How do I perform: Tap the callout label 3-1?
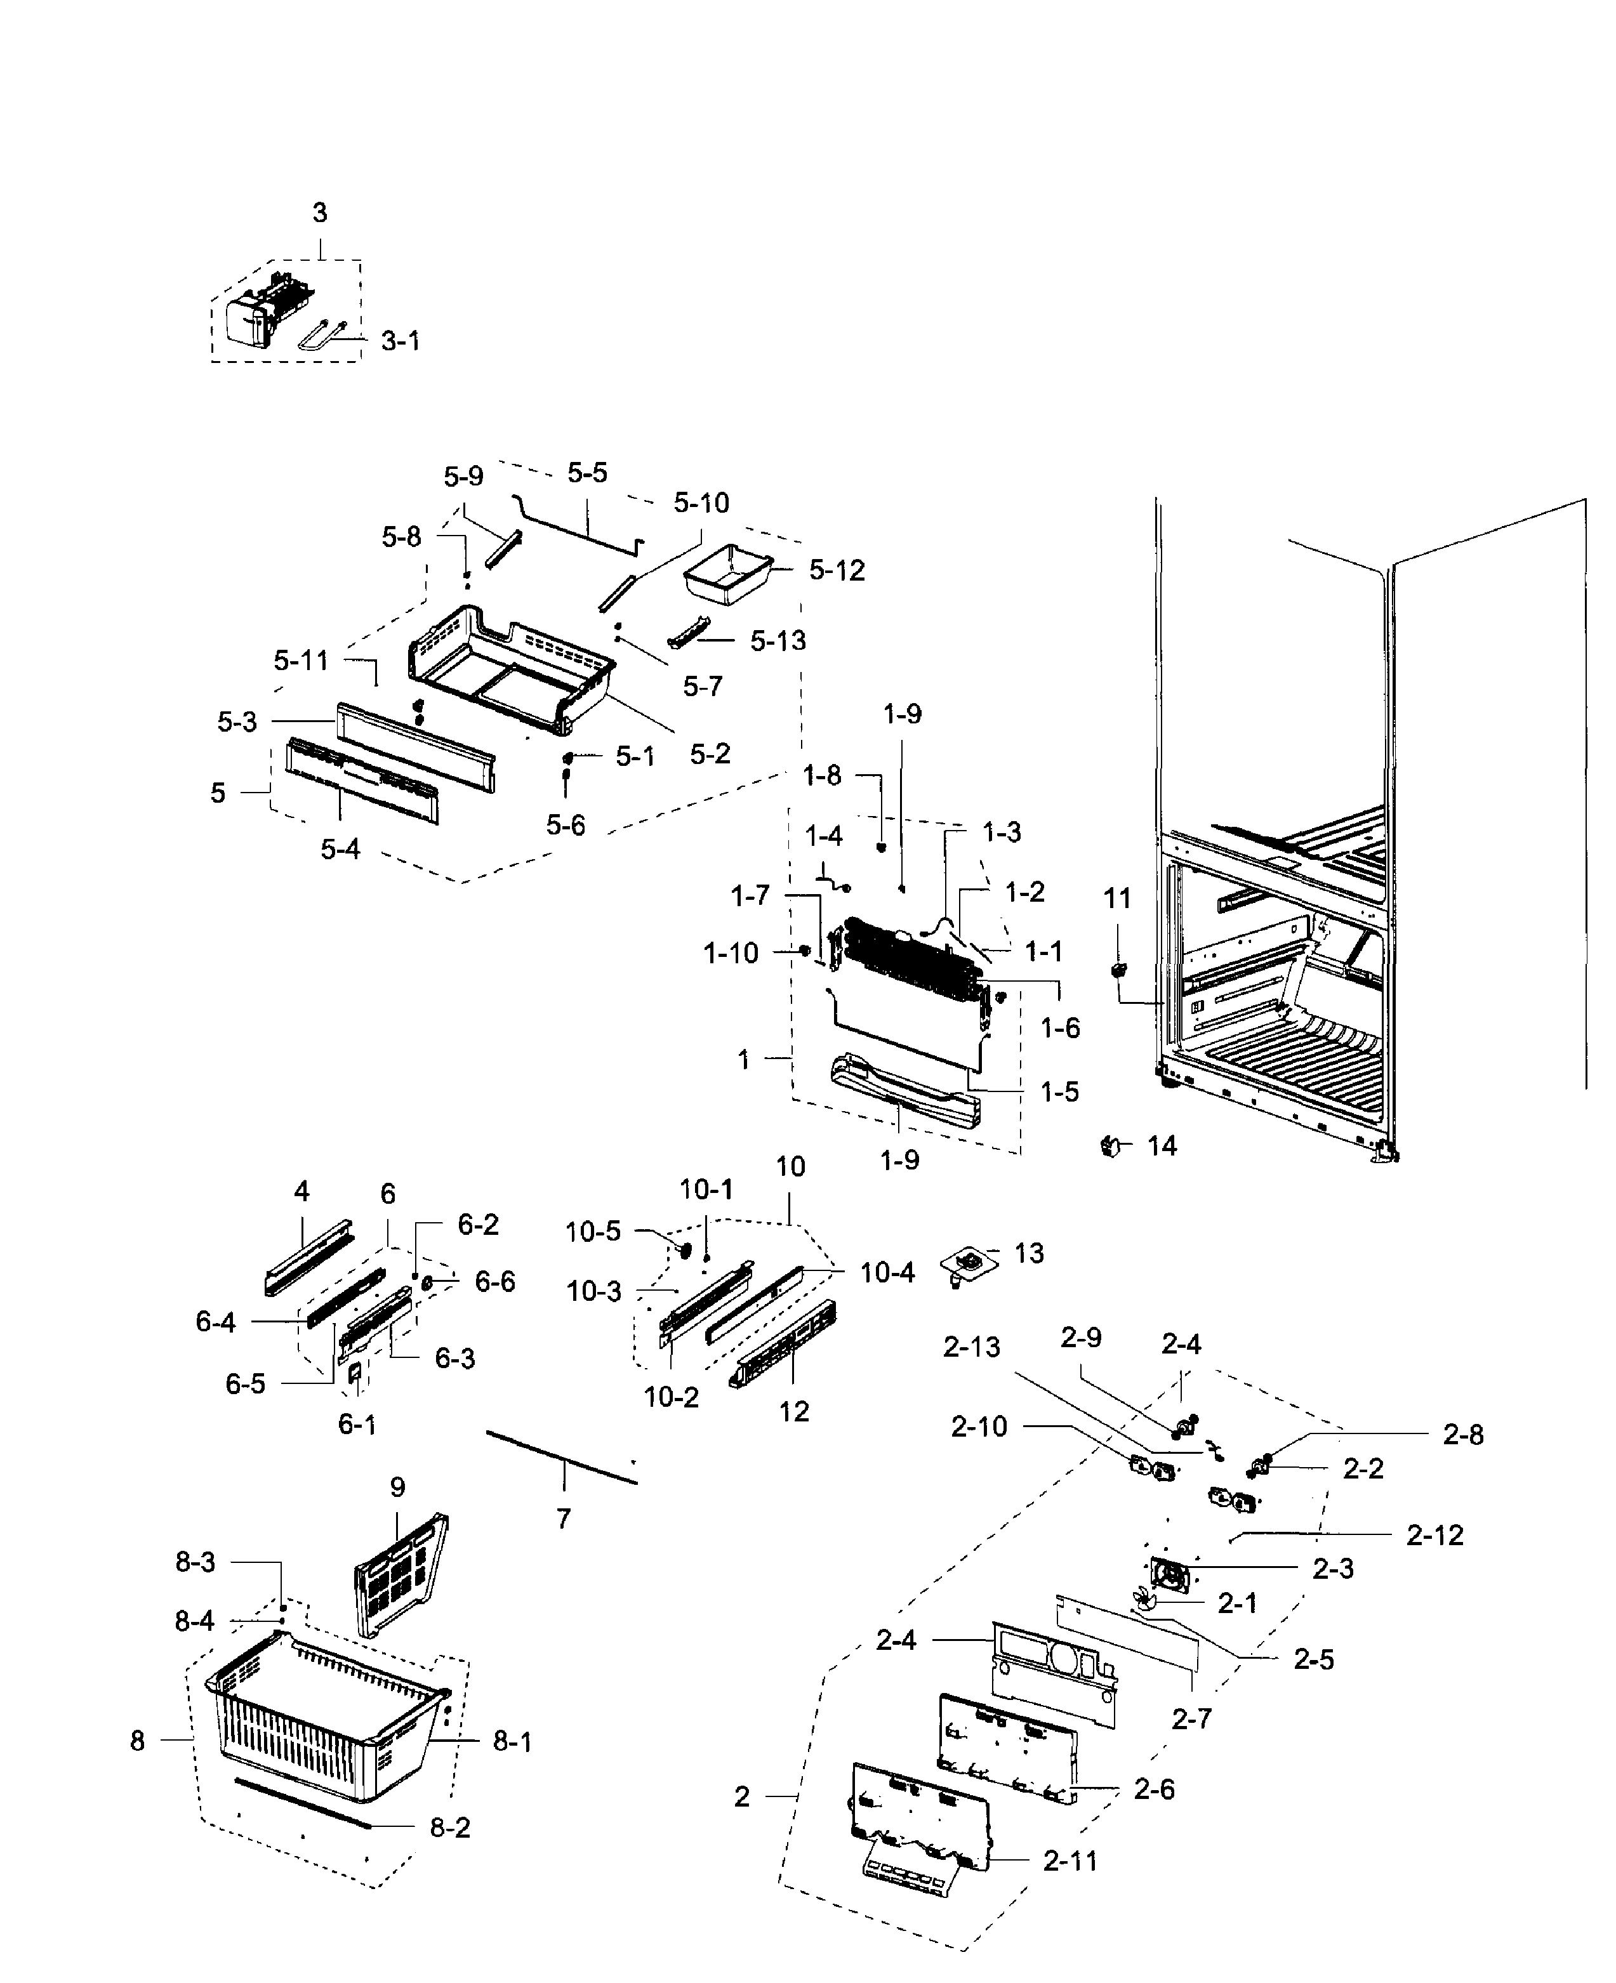click(401, 341)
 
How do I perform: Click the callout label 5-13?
click(778, 641)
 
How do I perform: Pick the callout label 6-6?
click(494, 1282)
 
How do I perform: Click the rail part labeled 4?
click(308, 1256)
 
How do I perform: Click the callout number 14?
click(1162, 1147)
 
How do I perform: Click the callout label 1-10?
click(731, 954)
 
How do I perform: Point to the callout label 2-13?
click(971, 1347)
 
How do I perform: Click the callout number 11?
click(1117, 899)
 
